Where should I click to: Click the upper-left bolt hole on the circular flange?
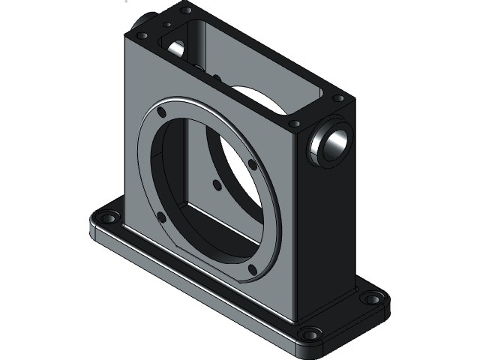162,112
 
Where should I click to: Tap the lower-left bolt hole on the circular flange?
160,218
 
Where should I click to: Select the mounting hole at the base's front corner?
306,334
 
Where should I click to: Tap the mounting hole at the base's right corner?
371,298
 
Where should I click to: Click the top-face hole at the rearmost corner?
186,10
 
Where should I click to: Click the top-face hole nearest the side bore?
295,122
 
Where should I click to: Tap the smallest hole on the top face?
167,24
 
